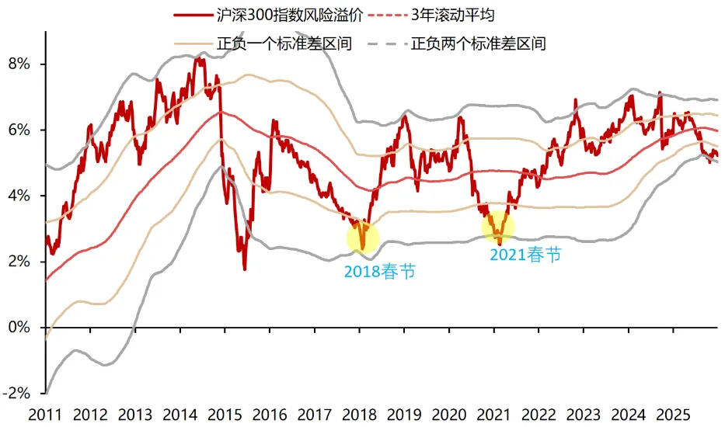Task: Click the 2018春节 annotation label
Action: (x=379, y=273)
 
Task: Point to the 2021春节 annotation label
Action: (x=525, y=255)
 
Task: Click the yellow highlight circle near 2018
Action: (x=363, y=236)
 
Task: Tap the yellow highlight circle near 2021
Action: (x=498, y=226)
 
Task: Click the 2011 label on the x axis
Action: (x=45, y=416)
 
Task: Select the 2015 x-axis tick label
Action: (x=225, y=416)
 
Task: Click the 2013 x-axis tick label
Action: (x=135, y=416)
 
